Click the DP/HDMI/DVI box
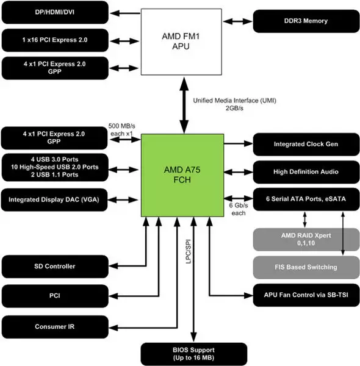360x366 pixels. (54, 12)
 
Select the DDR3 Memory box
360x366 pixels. (305, 21)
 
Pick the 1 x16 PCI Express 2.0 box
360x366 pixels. (54, 40)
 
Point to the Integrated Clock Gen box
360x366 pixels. (305, 145)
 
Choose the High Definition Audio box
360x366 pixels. (305, 172)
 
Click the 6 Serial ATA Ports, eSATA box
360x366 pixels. (305, 199)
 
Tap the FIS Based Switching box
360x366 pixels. (305, 267)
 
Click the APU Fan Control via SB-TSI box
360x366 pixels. (305, 296)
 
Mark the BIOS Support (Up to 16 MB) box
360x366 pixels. (194, 353)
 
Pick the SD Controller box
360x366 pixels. (54, 266)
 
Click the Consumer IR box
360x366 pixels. (54, 326)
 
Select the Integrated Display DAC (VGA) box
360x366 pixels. (54, 199)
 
